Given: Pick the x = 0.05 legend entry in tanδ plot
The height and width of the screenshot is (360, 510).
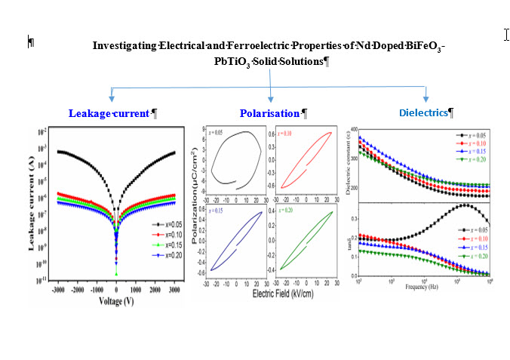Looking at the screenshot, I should [468, 229].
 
